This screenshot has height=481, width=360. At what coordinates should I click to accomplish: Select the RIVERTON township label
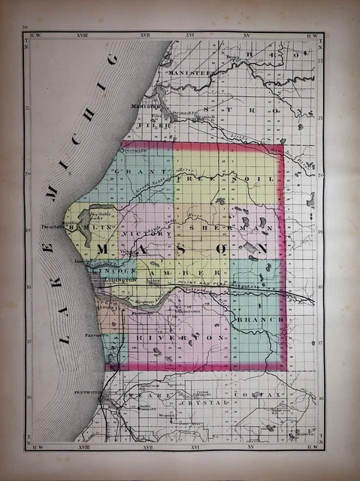(x=180, y=339)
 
